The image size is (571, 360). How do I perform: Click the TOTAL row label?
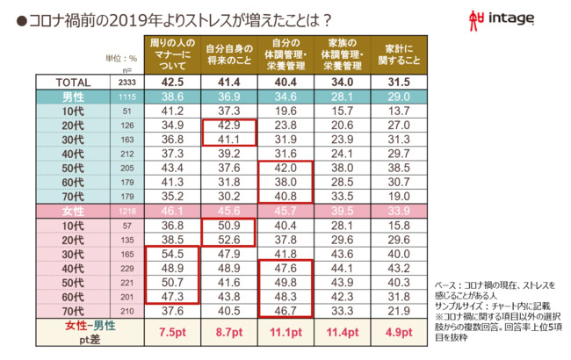point(73,82)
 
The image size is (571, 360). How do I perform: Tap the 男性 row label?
point(73,97)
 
